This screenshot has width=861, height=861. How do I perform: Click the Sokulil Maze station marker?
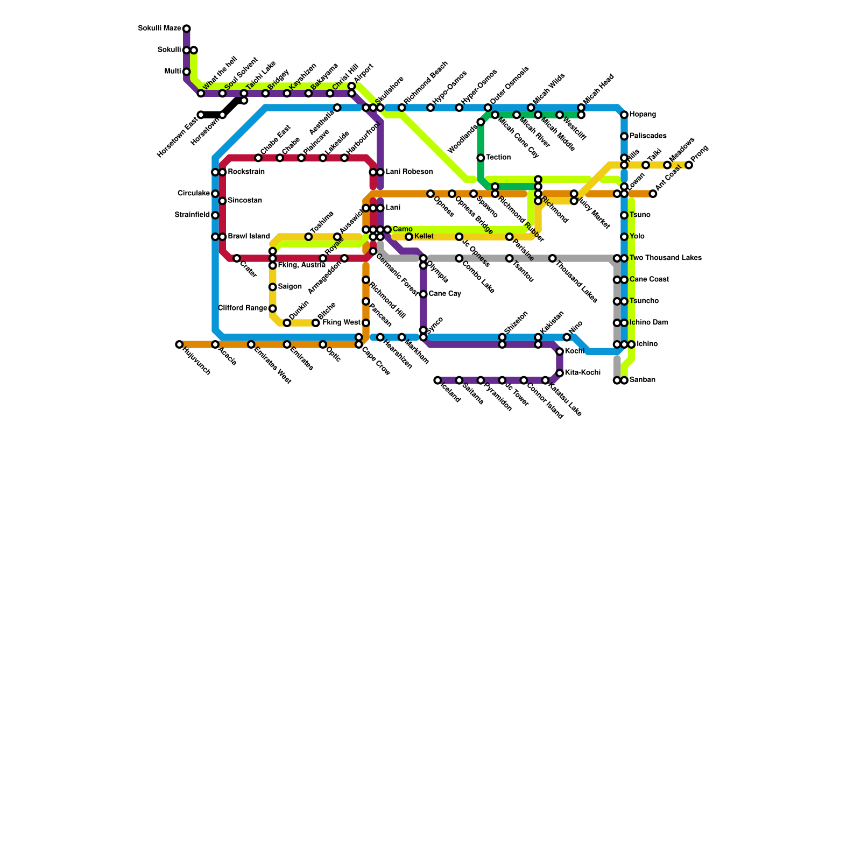point(186,29)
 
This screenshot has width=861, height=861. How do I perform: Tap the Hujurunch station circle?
point(179,344)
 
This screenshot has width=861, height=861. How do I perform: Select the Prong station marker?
point(689,165)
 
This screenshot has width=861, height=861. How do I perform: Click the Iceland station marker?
point(437,380)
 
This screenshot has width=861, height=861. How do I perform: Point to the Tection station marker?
point(481,158)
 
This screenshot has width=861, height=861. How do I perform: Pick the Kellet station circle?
point(409,237)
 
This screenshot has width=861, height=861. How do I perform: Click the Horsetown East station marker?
point(201,115)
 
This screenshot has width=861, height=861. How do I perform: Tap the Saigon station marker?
point(273,287)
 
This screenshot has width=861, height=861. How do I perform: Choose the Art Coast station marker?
point(653,194)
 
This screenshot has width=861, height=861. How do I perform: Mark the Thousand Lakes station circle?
point(553,259)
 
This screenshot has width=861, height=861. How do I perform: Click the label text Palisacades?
point(648,136)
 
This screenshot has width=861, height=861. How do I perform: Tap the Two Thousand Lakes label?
point(665,258)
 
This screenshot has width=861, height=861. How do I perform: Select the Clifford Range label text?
point(242,308)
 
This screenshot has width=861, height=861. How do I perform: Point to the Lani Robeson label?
point(409,172)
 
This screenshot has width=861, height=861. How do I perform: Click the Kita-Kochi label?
point(582,373)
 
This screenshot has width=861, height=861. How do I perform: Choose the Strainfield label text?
point(192,215)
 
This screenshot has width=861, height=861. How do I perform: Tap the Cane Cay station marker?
point(424,294)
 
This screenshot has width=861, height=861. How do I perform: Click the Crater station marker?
point(237,259)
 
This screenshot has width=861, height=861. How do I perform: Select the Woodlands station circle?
point(481,122)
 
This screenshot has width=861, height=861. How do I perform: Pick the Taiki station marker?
point(646,165)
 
